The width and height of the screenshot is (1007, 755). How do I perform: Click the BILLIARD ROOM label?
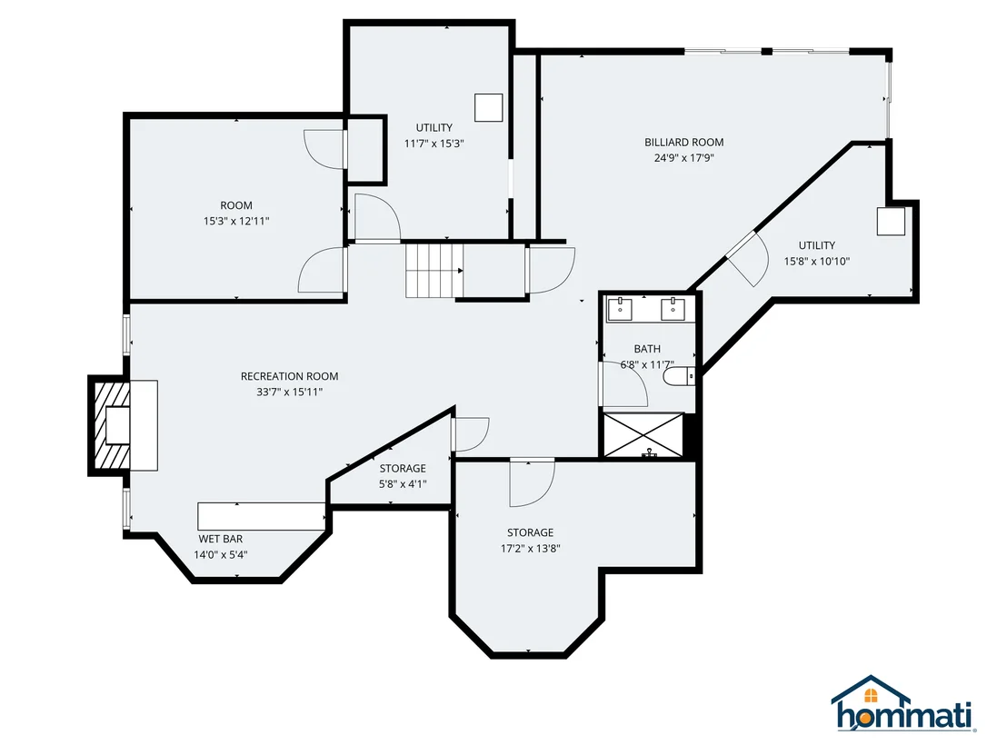click(x=684, y=142)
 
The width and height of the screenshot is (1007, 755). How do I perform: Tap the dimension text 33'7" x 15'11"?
click(x=290, y=392)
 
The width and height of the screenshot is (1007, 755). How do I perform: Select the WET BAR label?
click(x=220, y=539)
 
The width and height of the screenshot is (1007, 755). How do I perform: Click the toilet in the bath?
click(x=678, y=376)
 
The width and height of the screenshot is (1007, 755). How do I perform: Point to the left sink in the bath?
click(x=621, y=309)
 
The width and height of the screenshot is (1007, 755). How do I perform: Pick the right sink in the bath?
click(x=673, y=309)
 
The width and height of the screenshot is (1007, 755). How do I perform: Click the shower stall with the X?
click(x=644, y=435)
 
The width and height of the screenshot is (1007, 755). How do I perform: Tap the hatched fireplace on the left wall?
click(x=112, y=425)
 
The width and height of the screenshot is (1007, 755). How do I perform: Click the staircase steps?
click(x=434, y=270)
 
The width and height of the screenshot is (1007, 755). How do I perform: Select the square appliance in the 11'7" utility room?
click(x=488, y=108)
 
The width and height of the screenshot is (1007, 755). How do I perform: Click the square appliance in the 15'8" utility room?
click(x=891, y=221)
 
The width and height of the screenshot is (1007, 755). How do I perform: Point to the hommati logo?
click(x=903, y=704)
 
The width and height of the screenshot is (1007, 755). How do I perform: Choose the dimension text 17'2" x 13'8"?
click(x=531, y=548)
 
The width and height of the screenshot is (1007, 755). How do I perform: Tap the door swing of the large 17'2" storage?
click(x=533, y=482)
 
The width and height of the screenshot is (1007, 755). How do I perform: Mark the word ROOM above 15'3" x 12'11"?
click(x=236, y=205)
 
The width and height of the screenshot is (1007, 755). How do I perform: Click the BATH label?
click(x=647, y=349)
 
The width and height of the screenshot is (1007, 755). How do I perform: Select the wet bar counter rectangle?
click(x=262, y=516)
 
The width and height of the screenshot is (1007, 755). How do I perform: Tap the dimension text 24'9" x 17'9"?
click(x=684, y=158)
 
